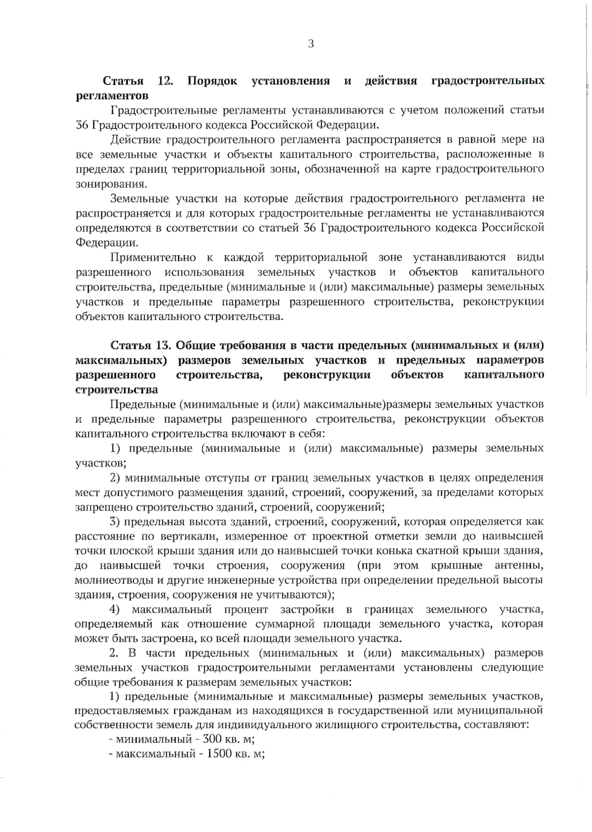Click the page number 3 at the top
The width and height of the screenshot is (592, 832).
click(311, 44)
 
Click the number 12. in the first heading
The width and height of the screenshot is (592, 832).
click(165, 81)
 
